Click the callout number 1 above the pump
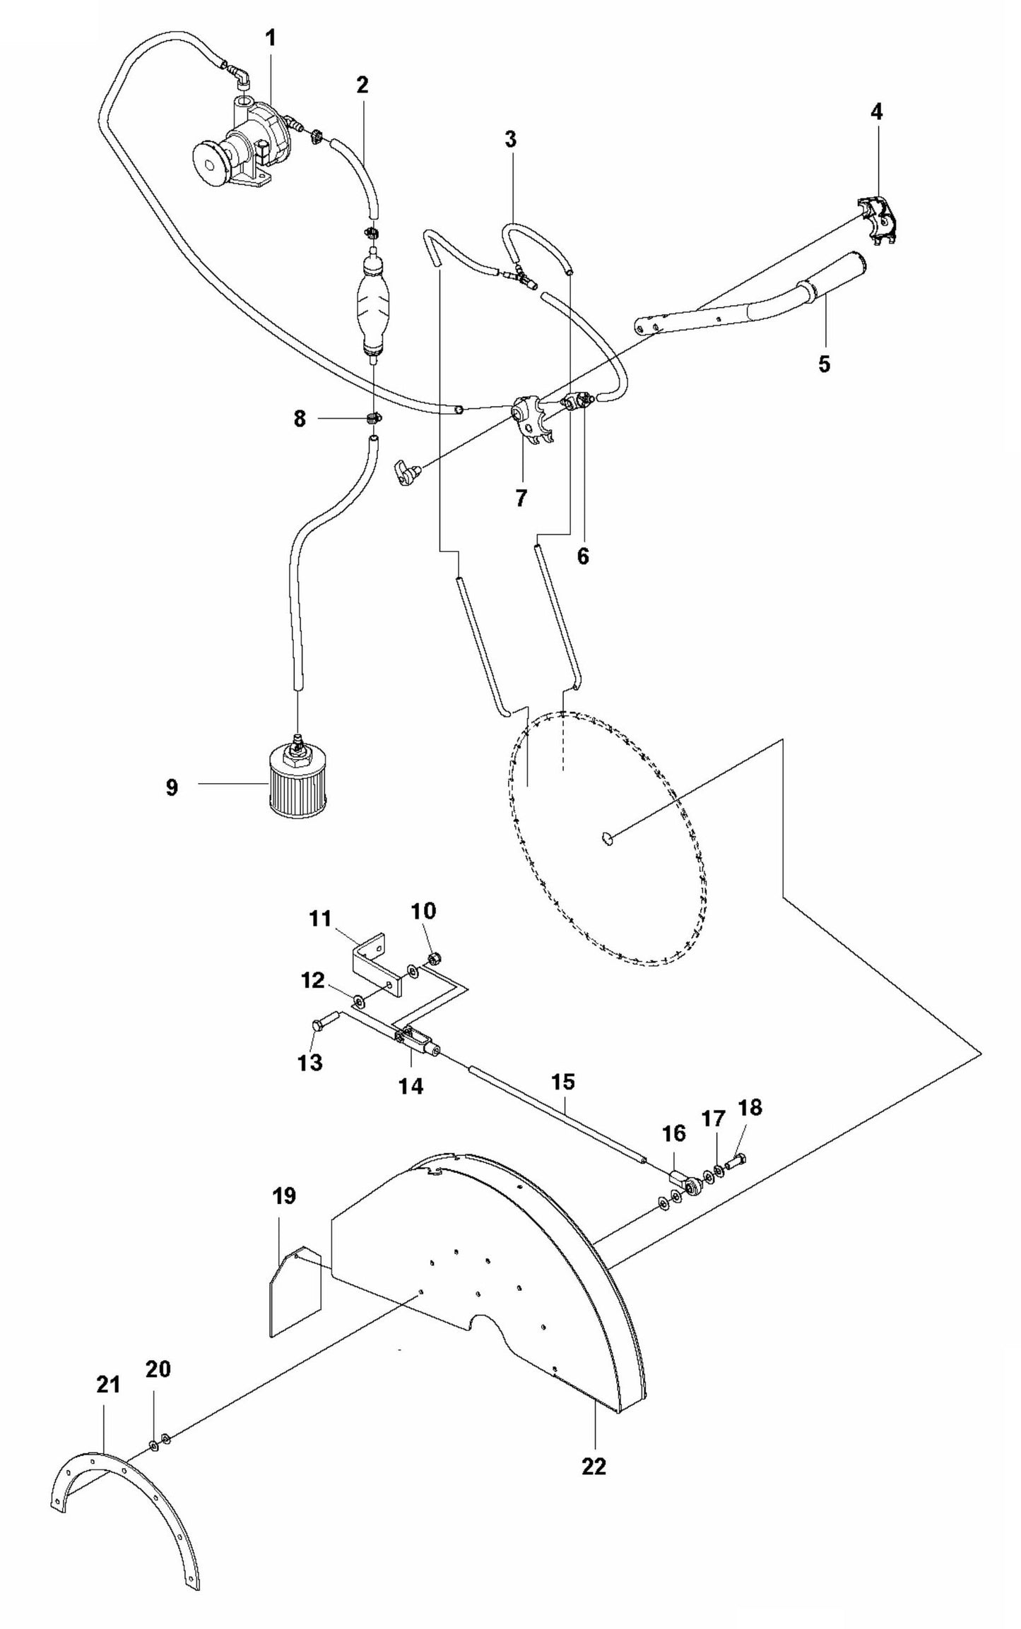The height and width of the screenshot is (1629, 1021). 270,39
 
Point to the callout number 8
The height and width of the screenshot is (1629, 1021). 300,419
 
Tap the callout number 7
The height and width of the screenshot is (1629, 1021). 521,498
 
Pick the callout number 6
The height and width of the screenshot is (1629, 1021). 582,556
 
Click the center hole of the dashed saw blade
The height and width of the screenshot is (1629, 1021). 606,838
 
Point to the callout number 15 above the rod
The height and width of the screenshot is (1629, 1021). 563,1082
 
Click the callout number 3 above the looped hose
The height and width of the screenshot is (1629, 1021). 511,139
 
